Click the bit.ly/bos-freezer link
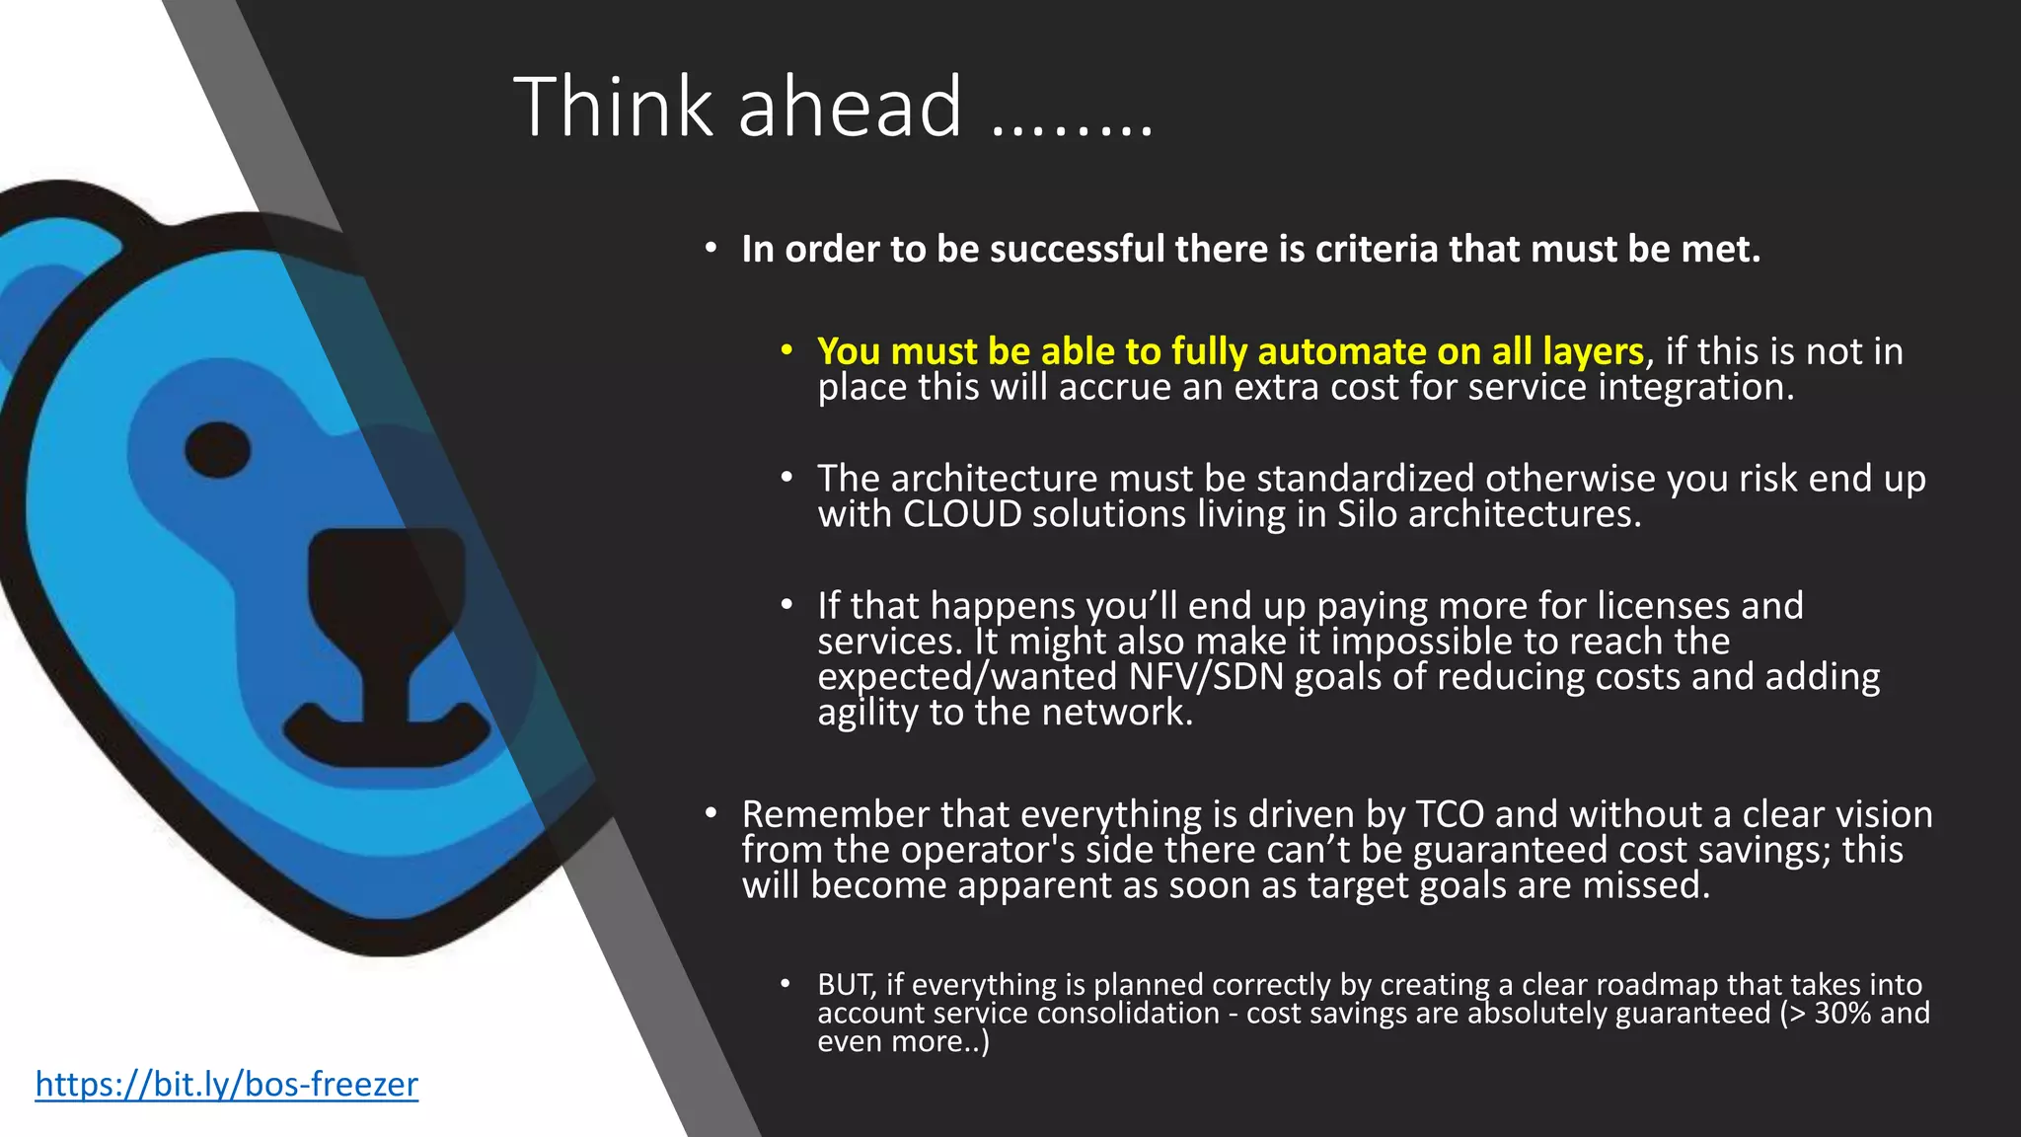[x=226, y=1085]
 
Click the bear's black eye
[x=217, y=451]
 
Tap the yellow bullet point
[x=786, y=350]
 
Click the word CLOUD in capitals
[x=962, y=514]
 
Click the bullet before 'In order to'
[x=711, y=249]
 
